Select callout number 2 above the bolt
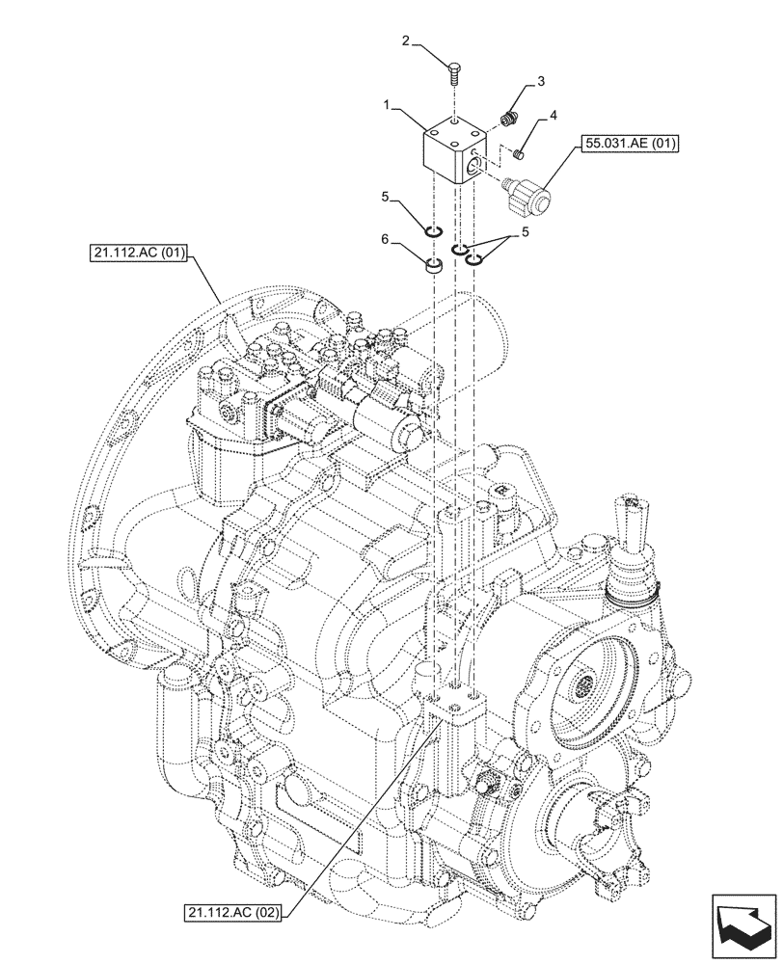click(406, 41)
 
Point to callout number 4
click(553, 116)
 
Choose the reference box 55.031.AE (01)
click(631, 146)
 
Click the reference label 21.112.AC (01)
click(136, 254)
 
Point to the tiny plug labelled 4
click(518, 150)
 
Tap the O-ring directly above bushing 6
click(434, 231)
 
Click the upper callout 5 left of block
click(384, 198)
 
